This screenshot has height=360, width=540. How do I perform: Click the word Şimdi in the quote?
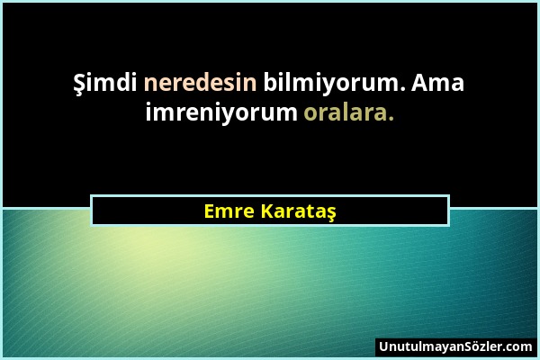click(102, 85)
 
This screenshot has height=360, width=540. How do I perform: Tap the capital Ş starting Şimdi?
click(79, 85)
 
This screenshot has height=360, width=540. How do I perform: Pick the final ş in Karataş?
click(330, 213)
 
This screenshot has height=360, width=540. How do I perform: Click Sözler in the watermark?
click(482, 346)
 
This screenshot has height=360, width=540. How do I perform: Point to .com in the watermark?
click(518, 346)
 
